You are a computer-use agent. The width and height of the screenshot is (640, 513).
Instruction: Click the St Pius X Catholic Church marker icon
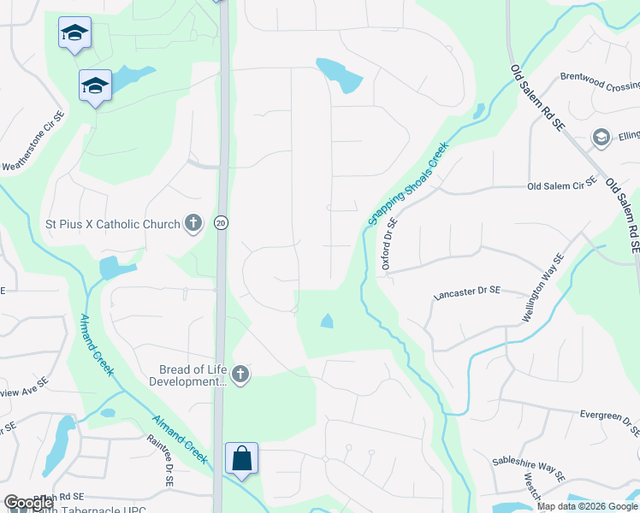pos(193,224)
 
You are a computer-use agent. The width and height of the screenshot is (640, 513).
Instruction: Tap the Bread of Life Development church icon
pos(241,374)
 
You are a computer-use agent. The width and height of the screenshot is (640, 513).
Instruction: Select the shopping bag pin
pos(241,458)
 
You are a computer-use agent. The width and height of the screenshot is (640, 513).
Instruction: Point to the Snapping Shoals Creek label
pos(408,183)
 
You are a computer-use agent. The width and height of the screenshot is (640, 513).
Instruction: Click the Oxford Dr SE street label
pos(389,245)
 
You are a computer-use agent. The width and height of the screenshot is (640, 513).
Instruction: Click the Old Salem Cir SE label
pos(561,186)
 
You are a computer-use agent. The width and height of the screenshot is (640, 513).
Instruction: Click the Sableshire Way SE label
pos(529,469)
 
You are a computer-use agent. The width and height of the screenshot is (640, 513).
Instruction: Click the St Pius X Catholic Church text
pos(112,224)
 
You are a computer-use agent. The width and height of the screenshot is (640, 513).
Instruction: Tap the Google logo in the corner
pos(28,503)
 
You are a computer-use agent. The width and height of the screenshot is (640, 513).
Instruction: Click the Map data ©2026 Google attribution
pos(587,506)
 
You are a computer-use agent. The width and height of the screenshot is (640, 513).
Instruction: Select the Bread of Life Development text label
pos(193,375)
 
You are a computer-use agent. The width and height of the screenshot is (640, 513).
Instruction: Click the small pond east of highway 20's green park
pos(326,321)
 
